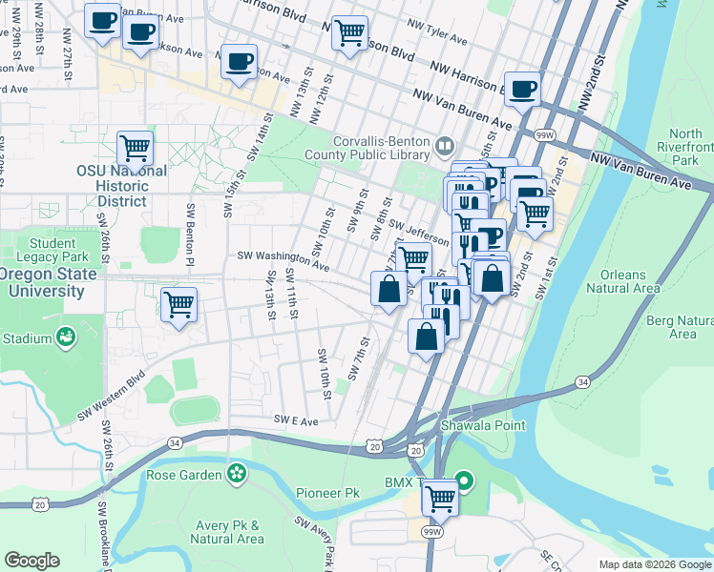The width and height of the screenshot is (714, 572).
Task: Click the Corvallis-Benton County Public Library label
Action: coord(368,146)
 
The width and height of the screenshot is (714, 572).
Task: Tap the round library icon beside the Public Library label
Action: coord(444,146)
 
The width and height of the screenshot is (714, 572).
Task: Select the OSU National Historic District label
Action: coord(122,186)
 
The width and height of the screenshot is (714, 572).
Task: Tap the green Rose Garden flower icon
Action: coord(236,474)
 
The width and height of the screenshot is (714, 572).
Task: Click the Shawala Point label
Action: coord(482,425)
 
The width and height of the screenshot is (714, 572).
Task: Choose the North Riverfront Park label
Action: coord(691,148)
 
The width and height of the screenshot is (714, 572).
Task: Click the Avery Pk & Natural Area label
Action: coord(227,532)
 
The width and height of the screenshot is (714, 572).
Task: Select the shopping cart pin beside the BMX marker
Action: coord(440,496)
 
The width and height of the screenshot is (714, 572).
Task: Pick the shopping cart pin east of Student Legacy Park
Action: coord(178,305)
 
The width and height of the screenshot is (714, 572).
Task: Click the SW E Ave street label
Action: coord(295,419)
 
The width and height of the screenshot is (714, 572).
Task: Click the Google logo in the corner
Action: coord(32,561)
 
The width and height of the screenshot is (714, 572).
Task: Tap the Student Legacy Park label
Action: coord(45,250)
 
